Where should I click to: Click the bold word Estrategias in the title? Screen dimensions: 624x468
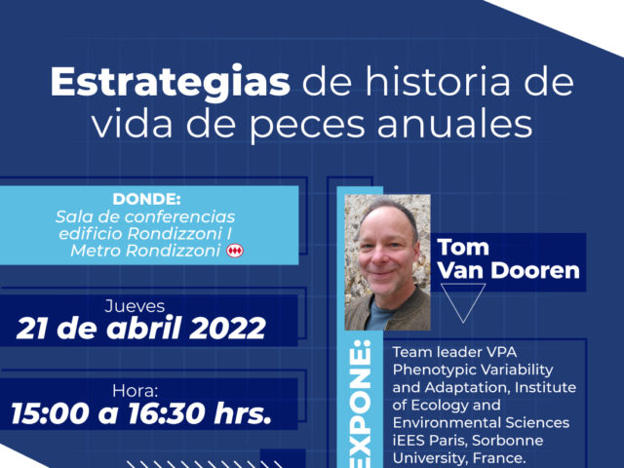[x=171, y=83]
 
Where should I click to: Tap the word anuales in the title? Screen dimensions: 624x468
[x=455, y=124]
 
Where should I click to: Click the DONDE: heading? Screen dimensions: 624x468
[x=146, y=199]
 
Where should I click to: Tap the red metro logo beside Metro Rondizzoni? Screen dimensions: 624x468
[x=235, y=251]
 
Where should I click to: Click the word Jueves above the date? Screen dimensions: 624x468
[x=135, y=306]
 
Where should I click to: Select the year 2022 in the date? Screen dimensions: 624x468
[x=227, y=329]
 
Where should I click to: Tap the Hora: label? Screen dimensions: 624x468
[x=135, y=391]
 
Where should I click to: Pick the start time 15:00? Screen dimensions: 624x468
[x=50, y=413]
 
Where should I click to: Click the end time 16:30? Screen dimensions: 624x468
[x=168, y=413]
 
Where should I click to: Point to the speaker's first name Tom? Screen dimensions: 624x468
[x=463, y=247]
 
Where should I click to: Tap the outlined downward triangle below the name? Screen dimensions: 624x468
[x=463, y=301]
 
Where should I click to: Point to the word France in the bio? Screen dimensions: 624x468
[x=501, y=458]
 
